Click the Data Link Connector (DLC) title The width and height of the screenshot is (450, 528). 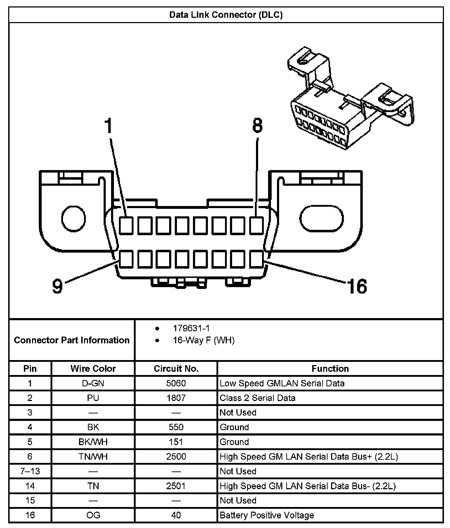click(x=226, y=15)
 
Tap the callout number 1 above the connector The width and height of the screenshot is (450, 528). click(x=109, y=126)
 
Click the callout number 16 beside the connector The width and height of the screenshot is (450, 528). click(x=357, y=286)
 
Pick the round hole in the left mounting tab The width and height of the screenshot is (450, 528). click(x=73, y=217)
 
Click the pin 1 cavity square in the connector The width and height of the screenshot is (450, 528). click(x=126, y=225)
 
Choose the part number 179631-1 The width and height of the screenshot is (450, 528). click(x=191, y=328)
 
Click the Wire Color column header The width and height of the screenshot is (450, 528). click(x=93, y=369)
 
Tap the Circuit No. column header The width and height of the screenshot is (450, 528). click(x=176, y=369)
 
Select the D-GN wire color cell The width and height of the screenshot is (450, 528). click(x=93, y=383)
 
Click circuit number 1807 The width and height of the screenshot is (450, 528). click(x=176, y=398)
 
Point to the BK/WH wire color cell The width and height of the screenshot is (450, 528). click(x=93, y=442)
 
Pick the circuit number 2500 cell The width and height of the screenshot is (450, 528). click(x=176, y=456)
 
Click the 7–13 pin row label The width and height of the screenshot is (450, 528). click(x=30, y=471)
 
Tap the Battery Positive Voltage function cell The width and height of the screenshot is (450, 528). click(x=267, y=515)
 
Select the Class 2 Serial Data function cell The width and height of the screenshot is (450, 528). click(x=257, y=398)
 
